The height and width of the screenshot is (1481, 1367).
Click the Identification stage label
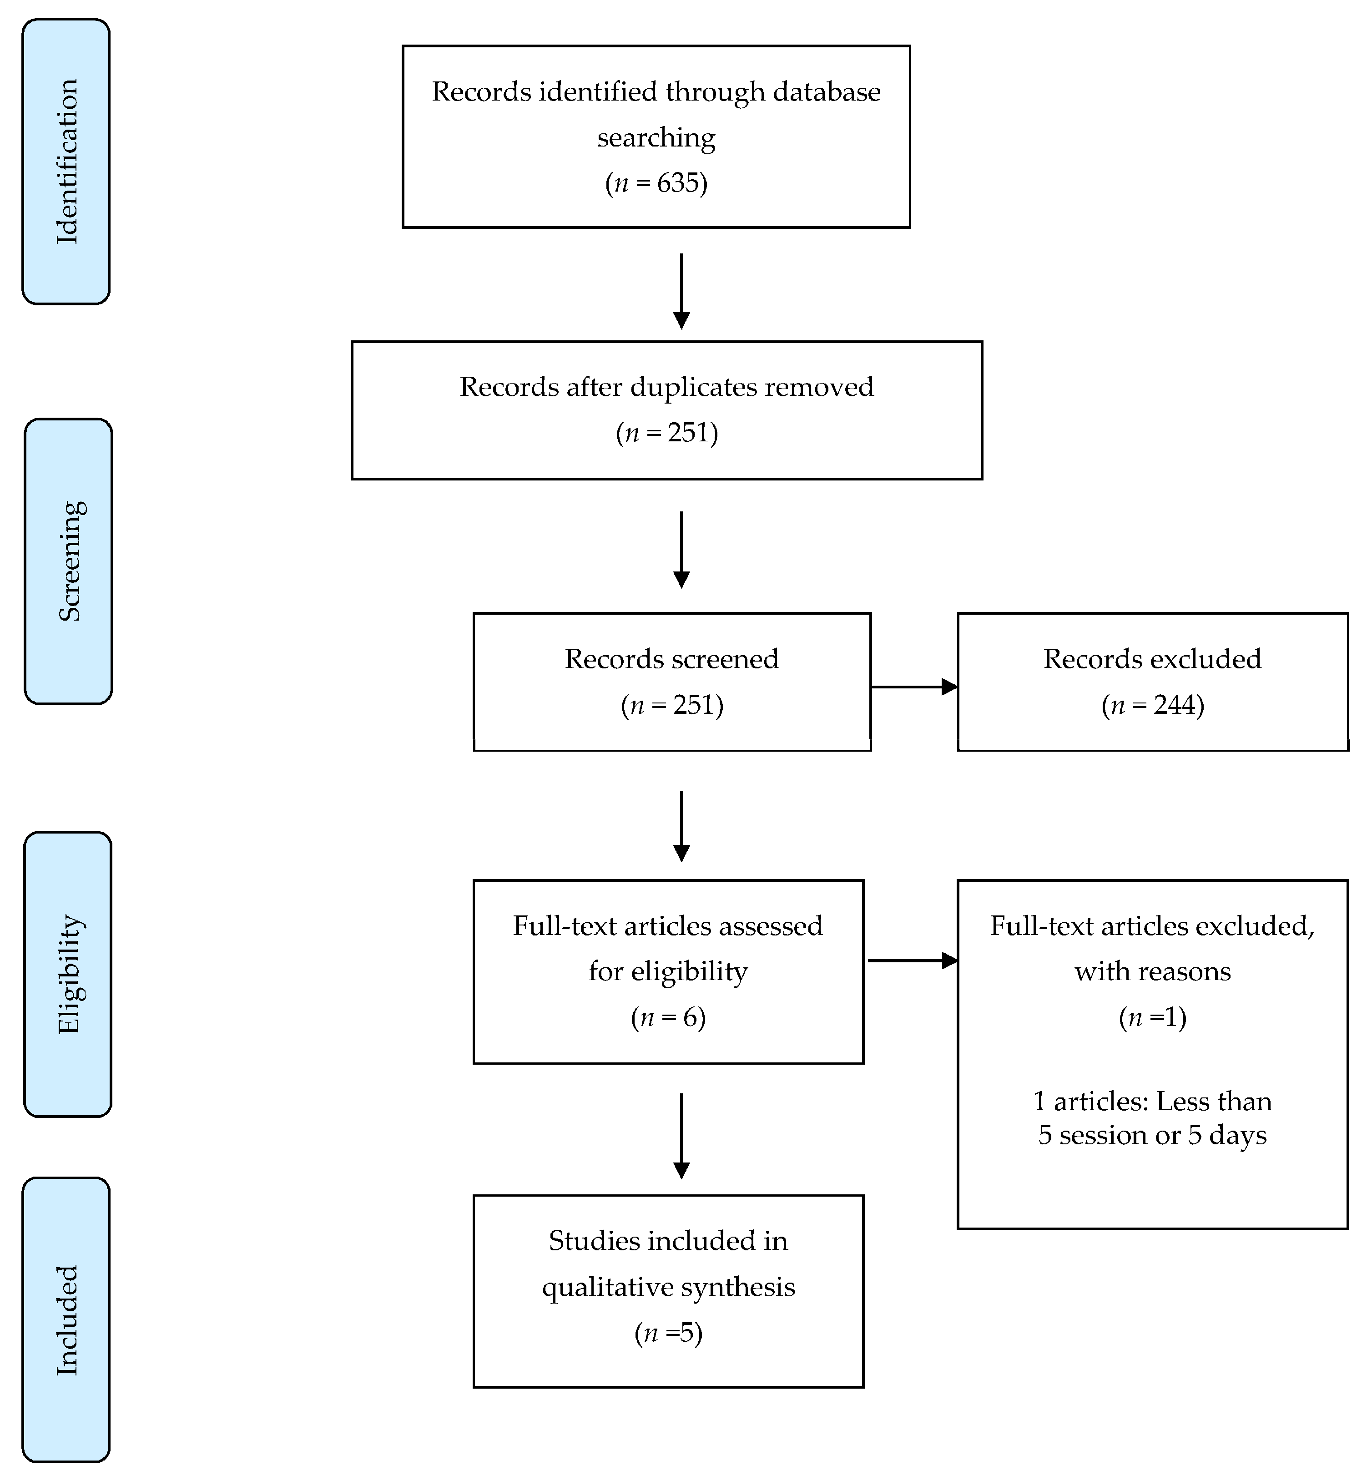[x=66, y=161]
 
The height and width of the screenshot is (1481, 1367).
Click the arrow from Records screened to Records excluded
[x=914, y=687]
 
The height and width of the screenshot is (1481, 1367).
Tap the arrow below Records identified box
[x=681, y=292]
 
